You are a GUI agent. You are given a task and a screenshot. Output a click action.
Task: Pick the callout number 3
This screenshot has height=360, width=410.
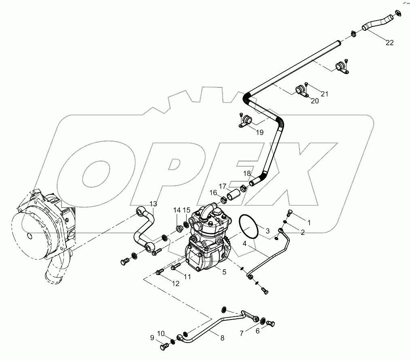[x=267, y=231]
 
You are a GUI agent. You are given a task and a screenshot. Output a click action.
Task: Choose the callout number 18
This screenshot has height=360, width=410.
[x=247, y=173]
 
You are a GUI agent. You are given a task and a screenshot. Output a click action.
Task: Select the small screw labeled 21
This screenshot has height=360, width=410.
[x=306, y=84]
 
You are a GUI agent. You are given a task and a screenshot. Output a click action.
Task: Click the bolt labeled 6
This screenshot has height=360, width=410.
[x=271, y=323]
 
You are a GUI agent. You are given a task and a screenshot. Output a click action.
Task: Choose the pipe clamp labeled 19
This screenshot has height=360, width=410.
[x=246, y=121]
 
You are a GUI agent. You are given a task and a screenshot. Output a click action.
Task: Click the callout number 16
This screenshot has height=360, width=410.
[x=213, y=193]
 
